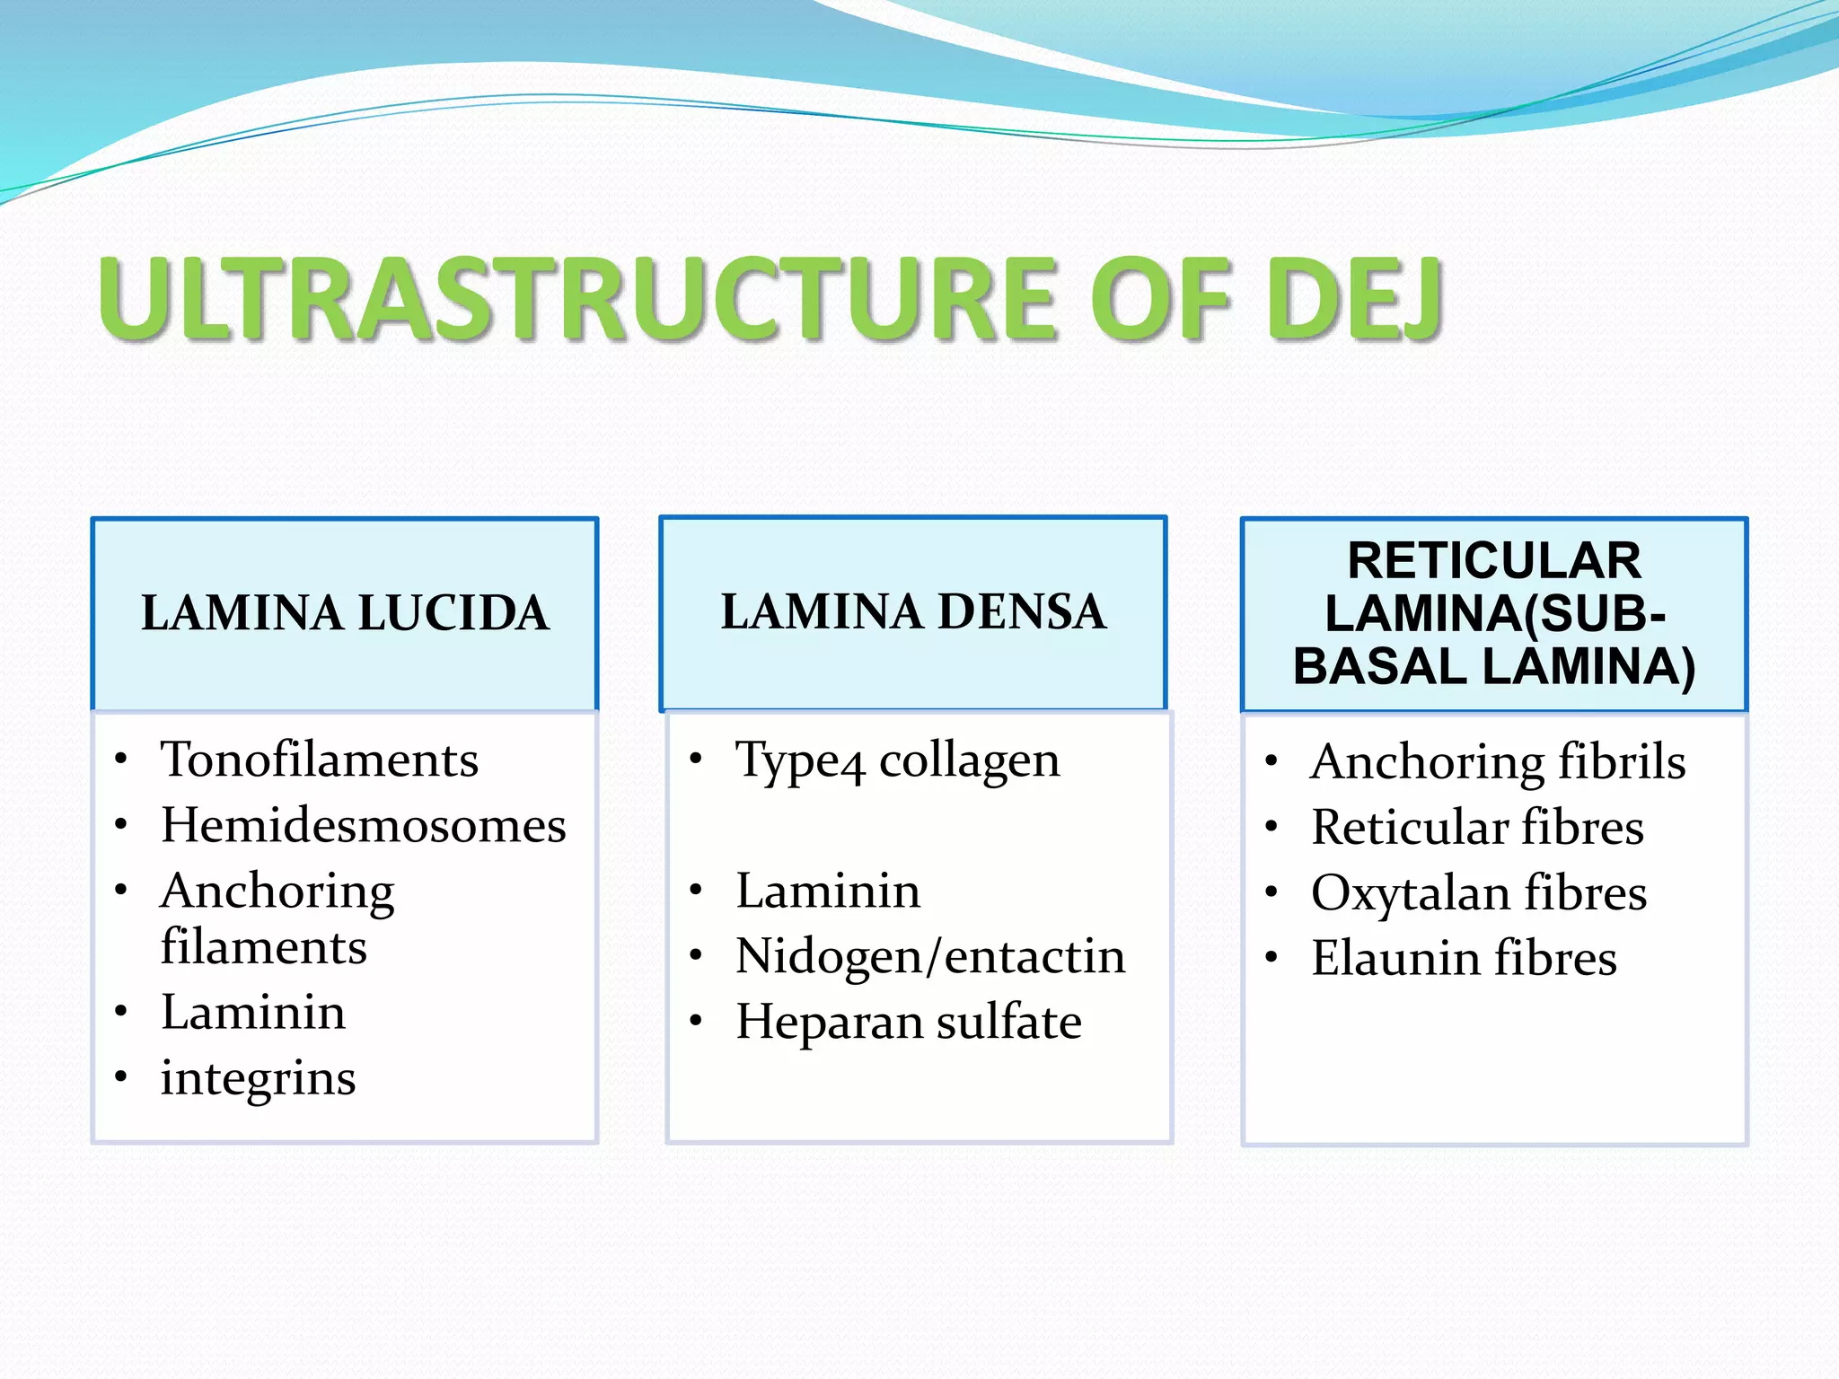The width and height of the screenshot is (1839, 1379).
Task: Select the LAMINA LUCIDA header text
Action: pos(345,613)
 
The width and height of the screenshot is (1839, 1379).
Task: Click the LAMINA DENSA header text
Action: pos(913,612)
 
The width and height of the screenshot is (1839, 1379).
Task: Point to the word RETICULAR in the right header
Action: pos(1494,561)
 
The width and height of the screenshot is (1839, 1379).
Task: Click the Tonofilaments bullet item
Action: pos(319,760)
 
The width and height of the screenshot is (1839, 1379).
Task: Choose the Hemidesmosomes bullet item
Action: pos(364,825)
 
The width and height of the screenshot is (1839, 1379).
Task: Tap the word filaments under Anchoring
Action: pos(263,947)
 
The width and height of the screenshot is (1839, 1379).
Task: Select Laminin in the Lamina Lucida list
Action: pos(253,1013)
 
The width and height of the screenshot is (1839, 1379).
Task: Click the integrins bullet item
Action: pos(258,1078)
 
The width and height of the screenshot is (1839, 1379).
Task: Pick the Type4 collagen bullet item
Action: pos(897,761)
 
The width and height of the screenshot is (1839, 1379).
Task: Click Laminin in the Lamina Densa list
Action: pos(828,892)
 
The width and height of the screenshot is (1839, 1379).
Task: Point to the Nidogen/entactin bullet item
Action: pos(930,956)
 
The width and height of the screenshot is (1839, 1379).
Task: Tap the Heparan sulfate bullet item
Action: pos(909,1022)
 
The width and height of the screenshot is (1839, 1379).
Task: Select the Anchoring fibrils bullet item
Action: pos(1498,762)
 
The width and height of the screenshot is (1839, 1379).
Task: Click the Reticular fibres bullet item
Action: pos(1477,827)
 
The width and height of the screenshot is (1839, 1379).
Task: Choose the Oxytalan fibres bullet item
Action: pos(1479,893)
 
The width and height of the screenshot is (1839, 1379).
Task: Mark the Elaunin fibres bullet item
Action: pos(1464,958)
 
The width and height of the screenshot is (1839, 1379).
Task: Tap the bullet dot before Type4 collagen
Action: pos(696,760)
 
